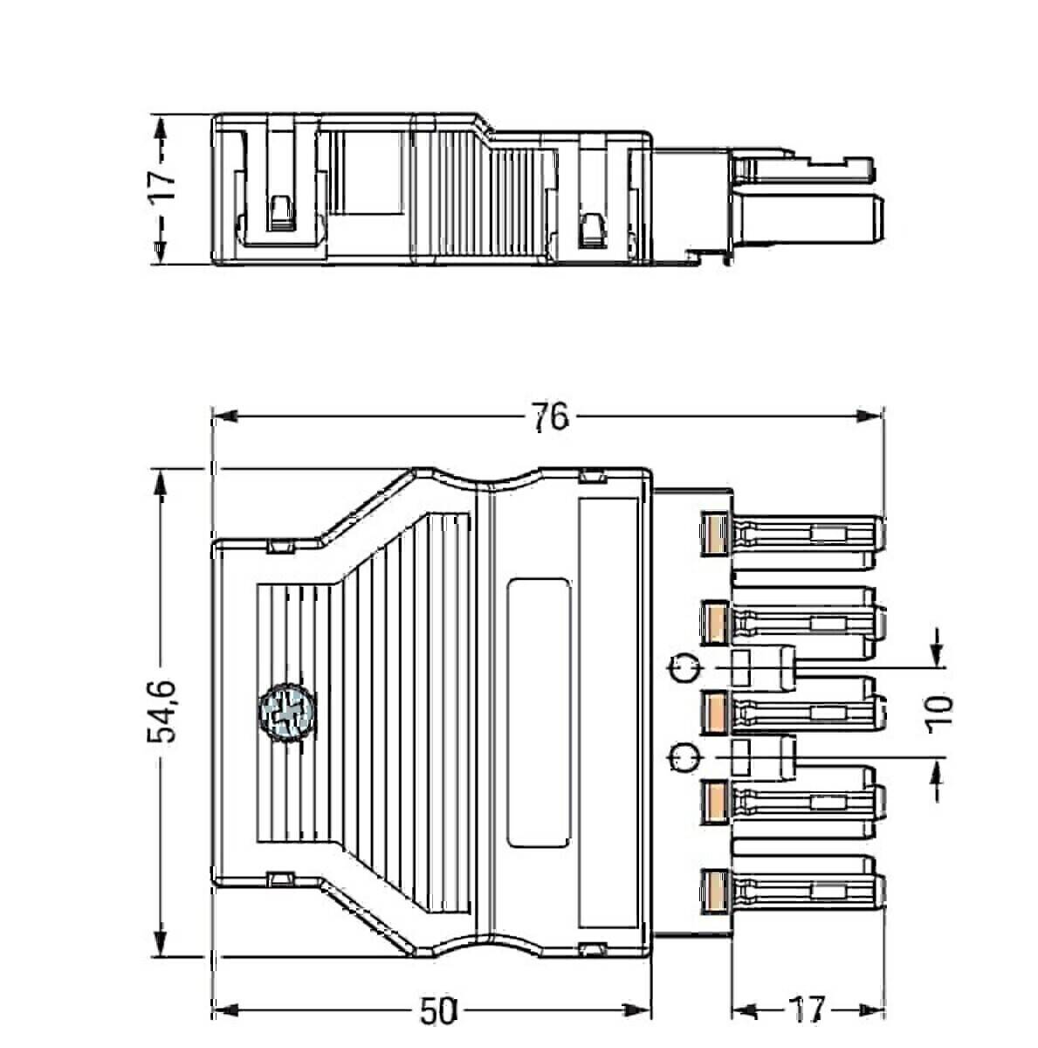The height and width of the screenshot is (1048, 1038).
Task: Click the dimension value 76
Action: point(550,418)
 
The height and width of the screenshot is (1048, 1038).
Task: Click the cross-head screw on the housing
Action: point(285,712)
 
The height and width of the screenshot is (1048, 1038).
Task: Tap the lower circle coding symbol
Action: point(684,757)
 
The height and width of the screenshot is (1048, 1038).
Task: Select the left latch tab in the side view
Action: point(280,213)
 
